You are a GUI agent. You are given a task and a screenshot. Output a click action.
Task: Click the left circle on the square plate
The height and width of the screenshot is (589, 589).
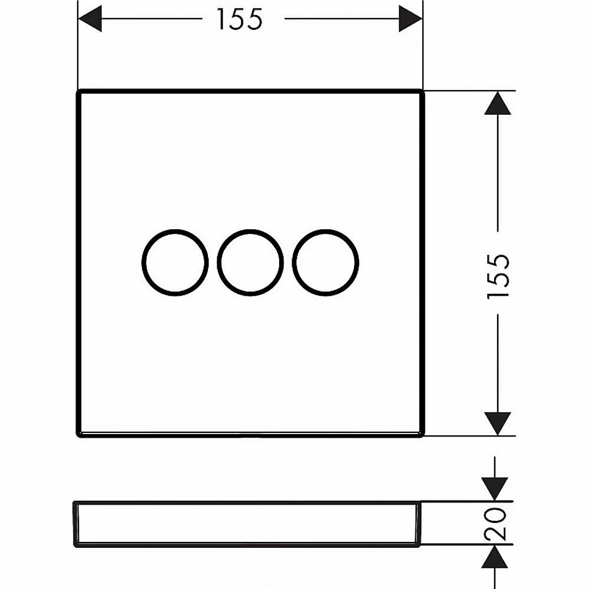pyautogui.click(x=142, y=262)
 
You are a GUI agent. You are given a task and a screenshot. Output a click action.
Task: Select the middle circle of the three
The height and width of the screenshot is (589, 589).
pyautogui.click(x=217, y=262)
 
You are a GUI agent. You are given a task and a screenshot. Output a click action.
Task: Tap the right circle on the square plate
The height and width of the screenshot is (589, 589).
pyautogui.click(x=292, y=262)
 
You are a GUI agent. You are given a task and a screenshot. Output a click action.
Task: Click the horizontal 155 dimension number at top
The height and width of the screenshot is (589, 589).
pyautogui.click(x=240, y=19)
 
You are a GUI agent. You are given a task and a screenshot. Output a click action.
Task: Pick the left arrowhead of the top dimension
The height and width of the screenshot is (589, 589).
pyautogui.click(x=90, y=18)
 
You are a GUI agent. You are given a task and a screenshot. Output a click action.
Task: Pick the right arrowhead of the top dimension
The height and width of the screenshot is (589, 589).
pyautogui.click(x=411, y=18)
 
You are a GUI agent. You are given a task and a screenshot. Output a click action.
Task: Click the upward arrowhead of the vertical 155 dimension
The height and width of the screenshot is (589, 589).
pyautogui.click(x=498, y=103)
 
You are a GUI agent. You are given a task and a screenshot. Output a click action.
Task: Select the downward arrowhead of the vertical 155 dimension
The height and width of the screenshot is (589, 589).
pyautogui.click(x=498, y=423)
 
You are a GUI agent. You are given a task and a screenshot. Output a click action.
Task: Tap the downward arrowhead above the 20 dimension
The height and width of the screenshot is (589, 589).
pyautogui.click(x=495, y=489)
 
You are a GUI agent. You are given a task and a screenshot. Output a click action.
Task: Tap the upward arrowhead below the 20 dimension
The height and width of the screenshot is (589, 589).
pyautogui.click(x=495, y=557)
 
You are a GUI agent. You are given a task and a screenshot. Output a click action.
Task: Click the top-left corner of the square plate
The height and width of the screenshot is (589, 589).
pyautogui.click(x=78, y=91)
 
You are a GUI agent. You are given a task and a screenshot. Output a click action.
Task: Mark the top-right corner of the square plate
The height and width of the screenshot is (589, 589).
pyautogui.click(x=423, y=91)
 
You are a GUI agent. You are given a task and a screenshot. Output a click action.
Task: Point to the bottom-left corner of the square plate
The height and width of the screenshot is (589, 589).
pyautogui.click(x=78, y=436)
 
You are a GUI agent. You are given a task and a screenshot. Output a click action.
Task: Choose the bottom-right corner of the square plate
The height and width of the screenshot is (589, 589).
pyautogui.click(x=423, y=436)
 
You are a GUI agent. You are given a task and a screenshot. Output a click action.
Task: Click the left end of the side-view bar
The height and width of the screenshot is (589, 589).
pyautogui.click(x=74, y=524)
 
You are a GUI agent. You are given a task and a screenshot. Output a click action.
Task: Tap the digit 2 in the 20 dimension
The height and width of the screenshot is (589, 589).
pyautogui.click(x=495, y=532)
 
